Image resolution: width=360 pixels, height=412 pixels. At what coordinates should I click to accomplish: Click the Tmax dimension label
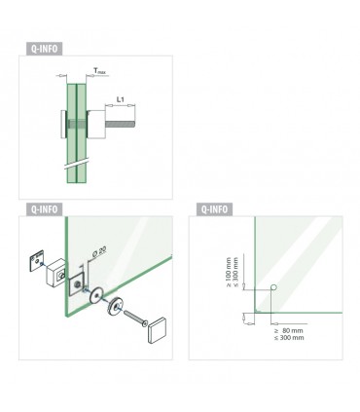99,71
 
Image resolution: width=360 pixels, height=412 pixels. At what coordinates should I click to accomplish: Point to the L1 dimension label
120,99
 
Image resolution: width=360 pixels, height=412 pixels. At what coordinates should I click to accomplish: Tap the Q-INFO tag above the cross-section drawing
44,49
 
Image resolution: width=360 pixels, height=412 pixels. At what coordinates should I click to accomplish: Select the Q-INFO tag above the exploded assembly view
44,209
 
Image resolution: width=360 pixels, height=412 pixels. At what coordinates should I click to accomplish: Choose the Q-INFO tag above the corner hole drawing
214,209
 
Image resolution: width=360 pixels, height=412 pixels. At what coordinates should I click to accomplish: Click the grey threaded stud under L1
120,125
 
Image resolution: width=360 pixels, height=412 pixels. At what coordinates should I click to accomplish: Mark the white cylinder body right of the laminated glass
96,125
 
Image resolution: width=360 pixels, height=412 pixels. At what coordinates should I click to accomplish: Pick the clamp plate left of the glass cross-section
63,125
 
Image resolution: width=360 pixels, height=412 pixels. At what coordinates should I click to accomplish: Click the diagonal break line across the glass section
77,164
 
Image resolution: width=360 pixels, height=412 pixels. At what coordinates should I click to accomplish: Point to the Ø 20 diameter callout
99,252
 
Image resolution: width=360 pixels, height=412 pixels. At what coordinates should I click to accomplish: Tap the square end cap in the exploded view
158,330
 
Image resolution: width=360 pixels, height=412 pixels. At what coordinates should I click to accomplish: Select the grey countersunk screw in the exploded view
135,318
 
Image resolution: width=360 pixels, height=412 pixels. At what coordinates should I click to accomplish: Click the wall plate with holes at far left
37,261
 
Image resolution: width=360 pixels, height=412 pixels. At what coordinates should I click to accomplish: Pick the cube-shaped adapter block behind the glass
56,273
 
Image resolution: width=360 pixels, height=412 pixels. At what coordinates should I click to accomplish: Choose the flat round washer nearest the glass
96,295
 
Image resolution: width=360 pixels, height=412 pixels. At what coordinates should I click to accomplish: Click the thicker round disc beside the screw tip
115,306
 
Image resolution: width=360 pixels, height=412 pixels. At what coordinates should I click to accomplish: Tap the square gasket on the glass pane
77,284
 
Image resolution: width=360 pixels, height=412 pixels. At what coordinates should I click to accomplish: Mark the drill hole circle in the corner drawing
273,287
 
